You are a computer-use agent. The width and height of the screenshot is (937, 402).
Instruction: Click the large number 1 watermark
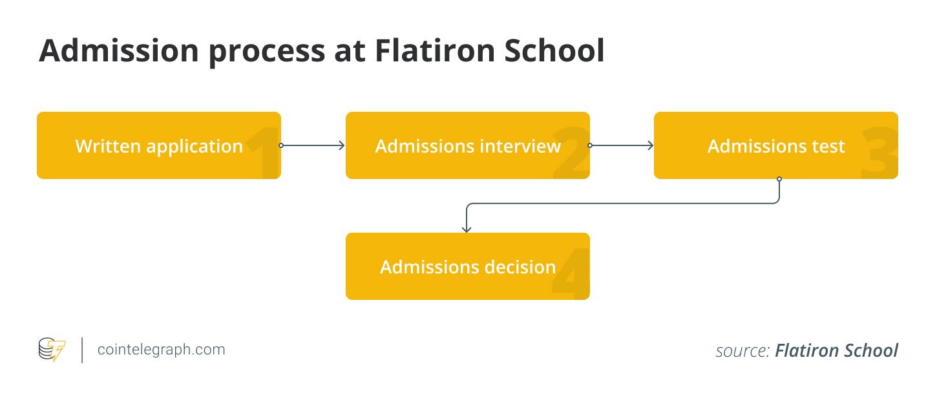pos(264,153)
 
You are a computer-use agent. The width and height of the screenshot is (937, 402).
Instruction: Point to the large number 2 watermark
pos(571,153)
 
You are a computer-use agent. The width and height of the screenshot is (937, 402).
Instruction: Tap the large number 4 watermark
pos(571,274)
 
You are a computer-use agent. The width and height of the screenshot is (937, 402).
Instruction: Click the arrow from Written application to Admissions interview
pos(313,145)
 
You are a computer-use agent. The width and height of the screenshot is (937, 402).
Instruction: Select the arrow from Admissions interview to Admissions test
pos(622,145)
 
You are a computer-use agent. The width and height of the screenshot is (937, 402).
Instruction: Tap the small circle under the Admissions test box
pos(779,179)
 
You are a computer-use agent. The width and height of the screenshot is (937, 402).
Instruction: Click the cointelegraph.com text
pos(161,350)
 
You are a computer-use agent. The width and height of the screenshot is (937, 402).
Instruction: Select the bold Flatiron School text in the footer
pos(836,351)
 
